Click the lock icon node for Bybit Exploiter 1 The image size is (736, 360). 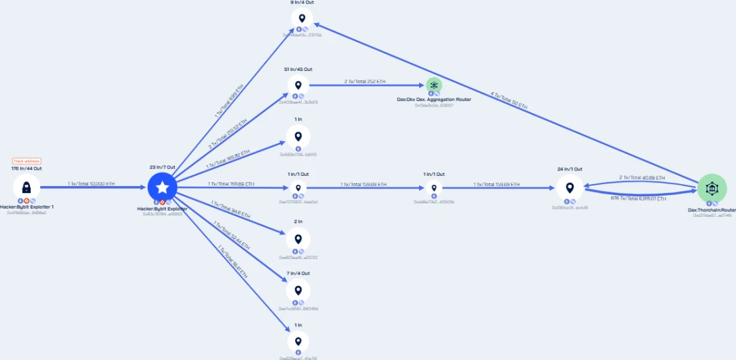pyautogui.click(x=27, y=187)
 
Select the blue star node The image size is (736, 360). pyautogui.click(x=162, y=187)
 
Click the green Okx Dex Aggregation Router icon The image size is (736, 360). pyautogui.click(x=434, y=85)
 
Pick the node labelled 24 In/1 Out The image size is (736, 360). pyautogui.click(x=570, y=187)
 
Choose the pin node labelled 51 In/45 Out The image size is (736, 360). pyautogui.click(x=297, y=85)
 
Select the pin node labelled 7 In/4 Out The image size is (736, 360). pyautogui.click(x=297, y=290)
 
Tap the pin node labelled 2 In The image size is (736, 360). pyautogui.click(x=297, y=239)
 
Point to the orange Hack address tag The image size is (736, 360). pyautogui.click(x=27, y=161)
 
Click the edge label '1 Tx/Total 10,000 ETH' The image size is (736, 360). pyautogui.click(x=91, y=183)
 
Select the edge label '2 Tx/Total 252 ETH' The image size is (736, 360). pyautogui.click(x=365, y=82)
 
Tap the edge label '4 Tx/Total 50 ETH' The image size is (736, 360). pyautogui.click(x=510, y=100)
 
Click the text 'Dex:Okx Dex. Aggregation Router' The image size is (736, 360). pyautogui.click(x=434, y=100)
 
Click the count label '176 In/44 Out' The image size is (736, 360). pyautogui.click(x=27, y=168)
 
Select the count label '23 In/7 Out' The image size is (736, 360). pyautogui.click(x=162, y=167)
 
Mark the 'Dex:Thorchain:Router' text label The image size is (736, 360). pyautogui.click(x=711, y=210)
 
